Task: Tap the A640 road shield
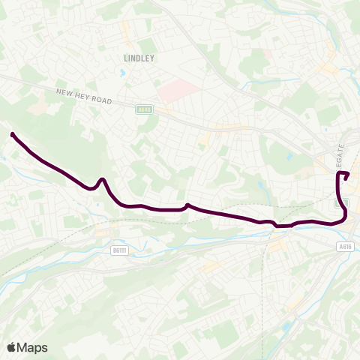click(144, 110)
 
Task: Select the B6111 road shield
click(118, 250)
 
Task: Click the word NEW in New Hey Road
click(63, 91)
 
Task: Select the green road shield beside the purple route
click(339, 202)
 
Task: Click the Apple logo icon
click(11, 347)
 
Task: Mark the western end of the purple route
click(13, 134)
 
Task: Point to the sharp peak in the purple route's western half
click(102, 179)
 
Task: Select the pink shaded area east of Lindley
click(178, 91)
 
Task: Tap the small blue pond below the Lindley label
click(121, 73)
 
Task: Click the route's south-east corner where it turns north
click(345, 217)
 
